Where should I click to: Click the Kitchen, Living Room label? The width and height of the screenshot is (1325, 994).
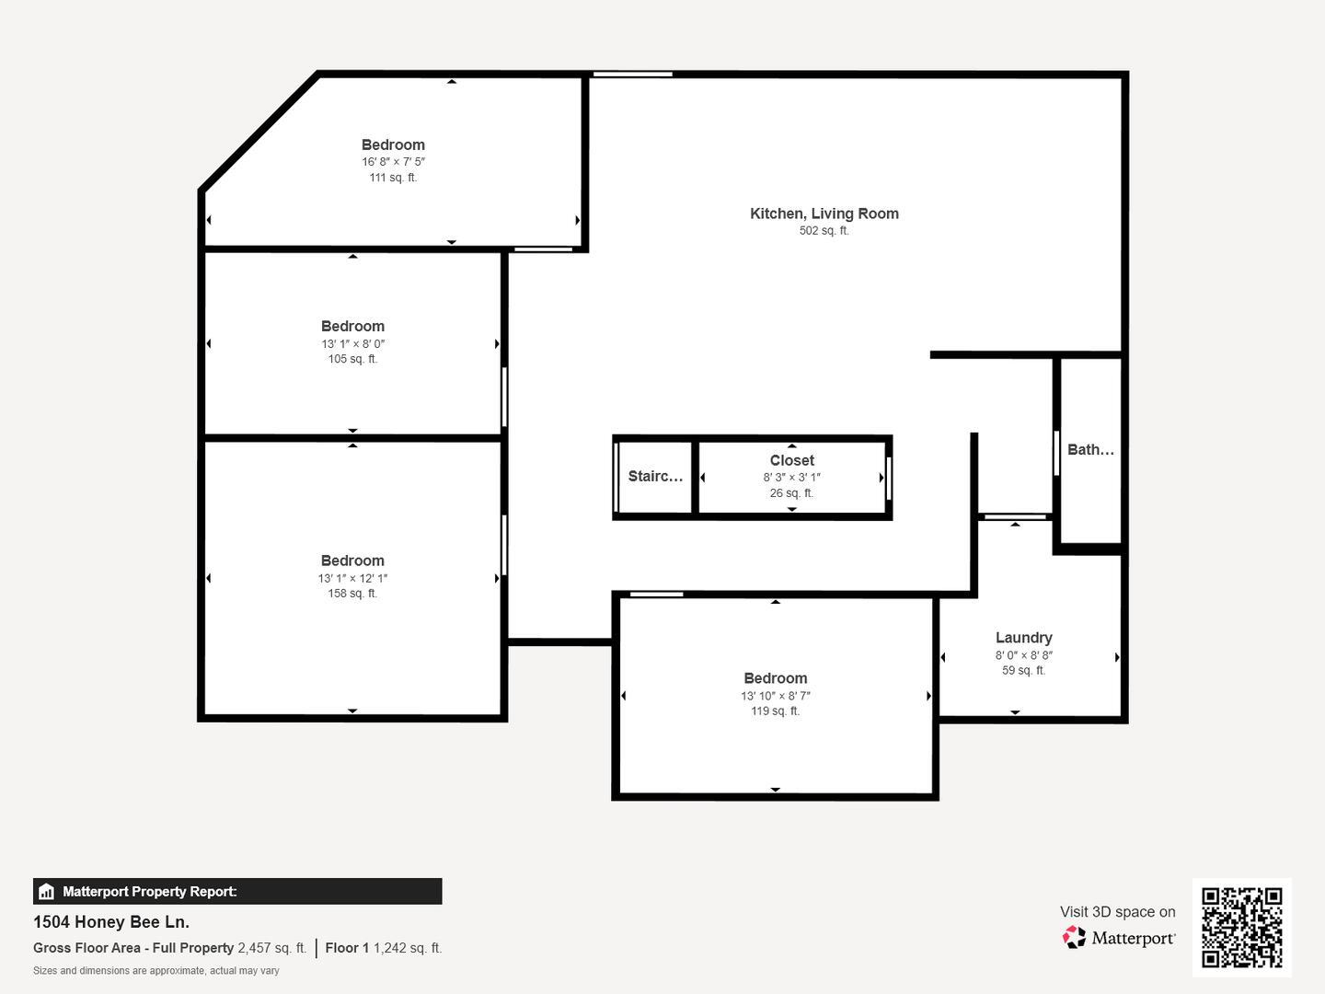824,214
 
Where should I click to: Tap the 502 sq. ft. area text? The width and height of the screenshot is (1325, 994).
824,231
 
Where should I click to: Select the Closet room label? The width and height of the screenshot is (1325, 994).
791,460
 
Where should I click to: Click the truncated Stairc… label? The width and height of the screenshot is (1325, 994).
655,476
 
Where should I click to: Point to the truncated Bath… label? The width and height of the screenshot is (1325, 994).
1090,450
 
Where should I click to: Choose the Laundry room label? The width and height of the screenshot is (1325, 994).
1023,638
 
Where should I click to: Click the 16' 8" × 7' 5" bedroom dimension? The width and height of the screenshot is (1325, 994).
393,162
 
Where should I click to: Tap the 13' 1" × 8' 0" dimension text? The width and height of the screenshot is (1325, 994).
352,344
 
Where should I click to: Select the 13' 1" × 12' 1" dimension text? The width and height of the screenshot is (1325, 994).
352,579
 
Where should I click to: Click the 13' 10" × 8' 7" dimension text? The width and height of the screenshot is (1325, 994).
775,696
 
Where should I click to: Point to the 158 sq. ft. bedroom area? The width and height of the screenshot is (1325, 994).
352,594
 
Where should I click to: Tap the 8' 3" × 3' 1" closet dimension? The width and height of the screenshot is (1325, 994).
791,478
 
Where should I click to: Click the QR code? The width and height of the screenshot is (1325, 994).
1241,927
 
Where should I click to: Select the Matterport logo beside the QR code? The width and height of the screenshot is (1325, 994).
1119,938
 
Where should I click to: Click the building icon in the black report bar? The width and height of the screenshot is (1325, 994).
46,892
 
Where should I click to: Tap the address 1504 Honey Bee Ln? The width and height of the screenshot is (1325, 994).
111,921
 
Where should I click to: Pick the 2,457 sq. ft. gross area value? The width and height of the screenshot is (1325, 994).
271,948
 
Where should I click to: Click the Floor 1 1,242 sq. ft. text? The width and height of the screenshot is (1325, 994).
383,948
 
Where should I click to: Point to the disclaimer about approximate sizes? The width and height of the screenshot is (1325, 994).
156,971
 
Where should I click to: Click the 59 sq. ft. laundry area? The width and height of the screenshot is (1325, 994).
1023,671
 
